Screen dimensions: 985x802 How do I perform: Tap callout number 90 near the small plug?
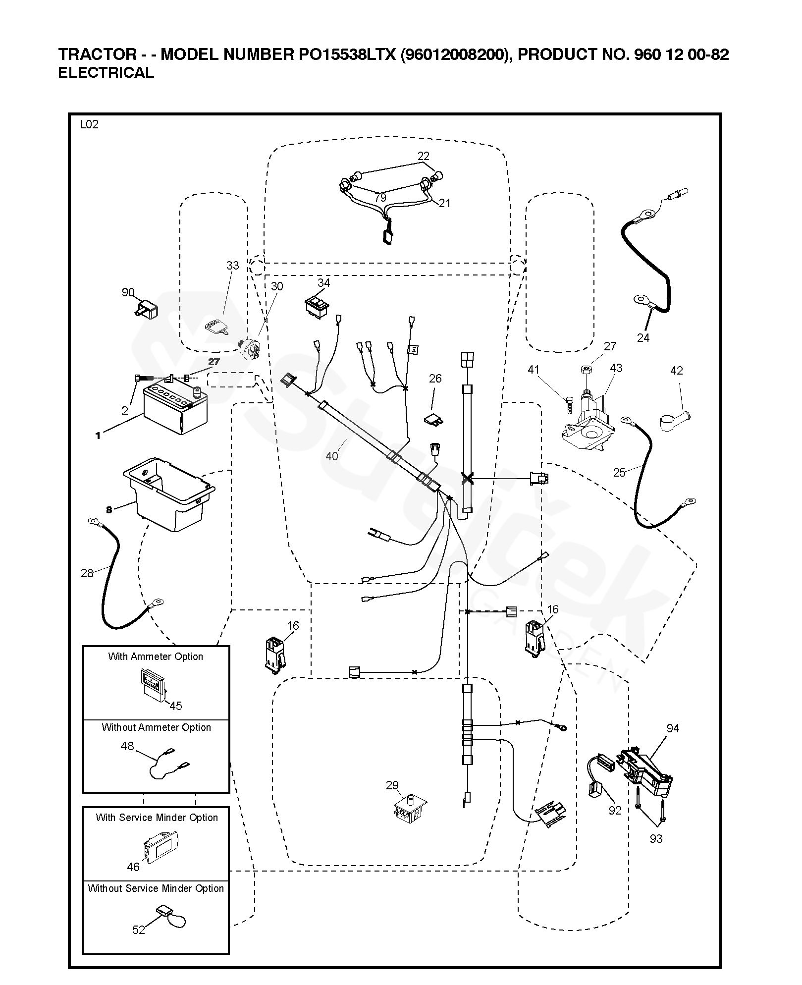click(128, 292)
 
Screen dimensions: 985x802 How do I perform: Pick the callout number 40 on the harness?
click(331, 456)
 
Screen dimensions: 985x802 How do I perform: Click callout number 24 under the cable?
click(643, 338)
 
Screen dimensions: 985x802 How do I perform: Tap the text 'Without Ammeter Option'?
click(156, 727)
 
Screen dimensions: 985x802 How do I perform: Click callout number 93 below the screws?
click(656, 838)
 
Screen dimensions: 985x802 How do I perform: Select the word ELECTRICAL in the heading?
click(106, 73)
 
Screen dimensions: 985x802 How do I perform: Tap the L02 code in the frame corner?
click(89, 124)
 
